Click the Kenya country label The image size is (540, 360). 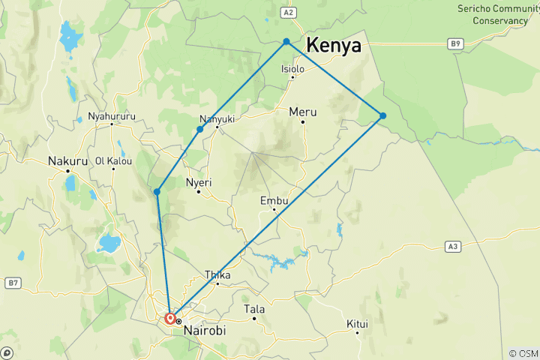point(333,45)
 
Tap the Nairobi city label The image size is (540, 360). point(204,329)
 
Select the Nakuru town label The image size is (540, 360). point(66,160)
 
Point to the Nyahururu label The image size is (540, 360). point(112,116)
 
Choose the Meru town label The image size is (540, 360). point(303,112)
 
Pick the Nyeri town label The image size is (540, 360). point(199,182)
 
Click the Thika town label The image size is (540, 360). point(217,274)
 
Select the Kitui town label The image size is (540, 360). point(358,324)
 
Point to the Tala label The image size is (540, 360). point(254,309)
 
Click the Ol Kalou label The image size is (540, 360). point(114,160)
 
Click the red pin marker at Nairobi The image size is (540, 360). point(170,318)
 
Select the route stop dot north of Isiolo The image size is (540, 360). point(286,42)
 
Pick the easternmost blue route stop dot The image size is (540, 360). point(383,115)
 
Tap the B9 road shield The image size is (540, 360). point(455,44)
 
